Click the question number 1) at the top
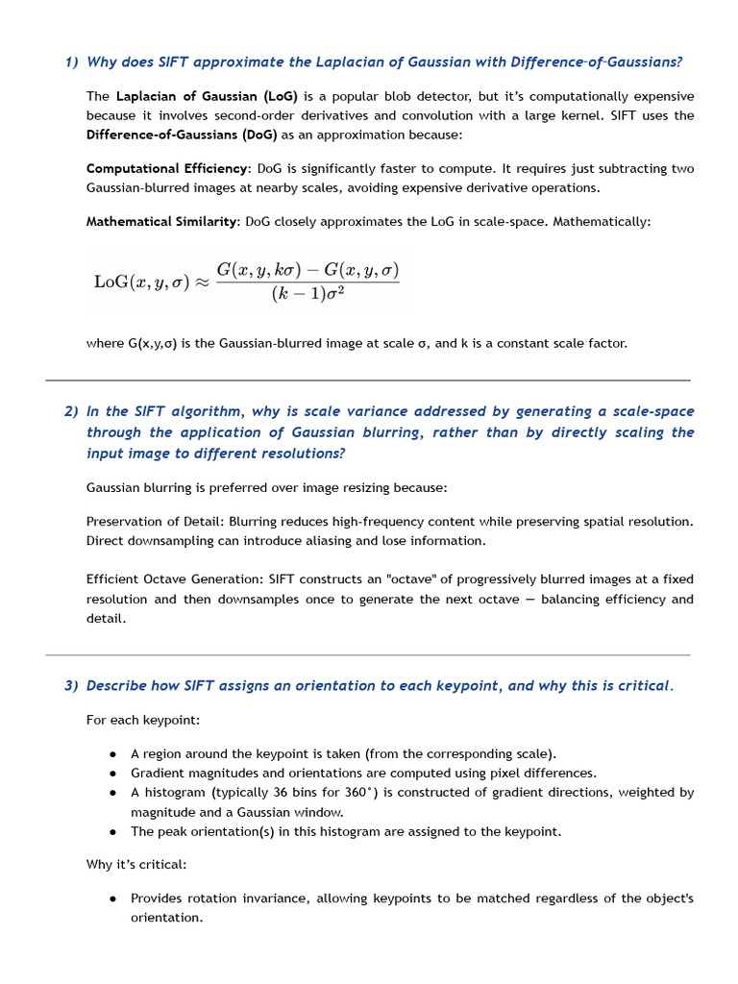(x=71, y=62)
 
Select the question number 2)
(x=71, y=411)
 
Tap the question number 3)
(x=71, y=686)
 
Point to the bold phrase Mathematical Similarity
(x=161, y=221)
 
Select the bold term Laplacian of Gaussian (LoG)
(x=208, y=96)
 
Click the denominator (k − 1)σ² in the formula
(x=307, y=292)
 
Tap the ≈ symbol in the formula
(x=202, y=282)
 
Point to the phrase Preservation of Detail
(x=154, y=521)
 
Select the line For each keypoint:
(x=143, y=720)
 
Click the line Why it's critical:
(x=136, y=864)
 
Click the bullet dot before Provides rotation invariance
(x=113, y=898)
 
